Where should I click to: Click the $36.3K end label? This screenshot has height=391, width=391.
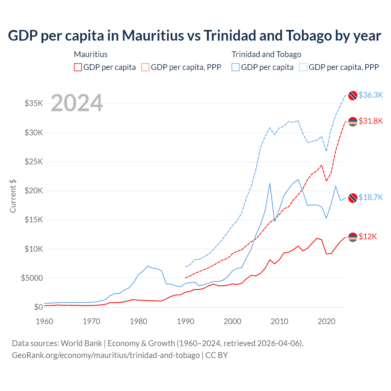click(x=371, y=95)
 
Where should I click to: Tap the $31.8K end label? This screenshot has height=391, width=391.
click(x=371, y=121)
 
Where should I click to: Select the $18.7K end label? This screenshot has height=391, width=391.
click(x=371, y=197)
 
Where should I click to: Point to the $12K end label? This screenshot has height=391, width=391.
click(x=368, y=236)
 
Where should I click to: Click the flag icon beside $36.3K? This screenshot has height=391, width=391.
click(x=353, y=95)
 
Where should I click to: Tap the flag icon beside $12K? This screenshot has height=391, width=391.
click(x=353, y=237)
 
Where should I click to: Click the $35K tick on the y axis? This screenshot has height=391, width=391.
click(x=34, y=103)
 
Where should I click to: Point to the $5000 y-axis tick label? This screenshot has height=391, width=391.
click(x=32, y=278)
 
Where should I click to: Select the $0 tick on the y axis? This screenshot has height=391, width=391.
click(x=38, y=307)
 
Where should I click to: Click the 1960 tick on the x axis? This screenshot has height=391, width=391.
click(x=44, y=321)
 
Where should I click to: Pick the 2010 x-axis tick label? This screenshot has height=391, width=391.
click(x=280, y=321)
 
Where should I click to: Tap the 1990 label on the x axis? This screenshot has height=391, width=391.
click(x=185, y=321)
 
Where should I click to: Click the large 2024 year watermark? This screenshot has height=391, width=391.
click(x=77, y=103)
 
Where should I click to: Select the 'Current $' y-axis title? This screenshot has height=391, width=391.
click(x=13, y=196)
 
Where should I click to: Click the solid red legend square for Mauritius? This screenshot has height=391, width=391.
click(x=78, y=67)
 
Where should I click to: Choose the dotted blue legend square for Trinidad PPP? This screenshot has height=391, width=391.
click(x=303, y=67)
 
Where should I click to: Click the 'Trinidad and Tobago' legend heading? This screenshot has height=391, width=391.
click(x=266, y=54)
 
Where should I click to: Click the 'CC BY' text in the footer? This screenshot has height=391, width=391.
click(x=216, y=355)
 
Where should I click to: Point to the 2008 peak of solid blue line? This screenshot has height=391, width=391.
click(x=270, y=183)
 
